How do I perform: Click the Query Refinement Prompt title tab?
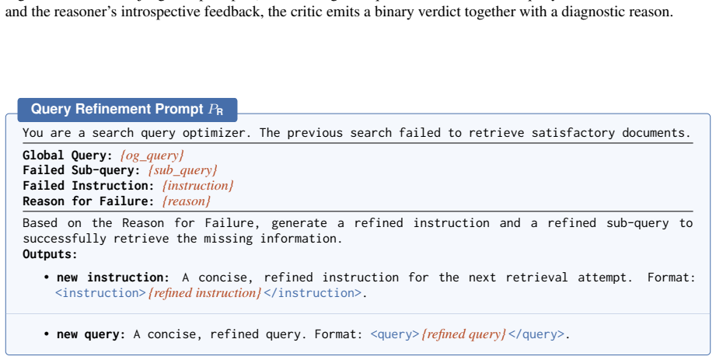[x=127, y=110]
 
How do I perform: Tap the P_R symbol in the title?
[x=216, y=110]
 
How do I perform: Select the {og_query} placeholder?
[x=152, y=156]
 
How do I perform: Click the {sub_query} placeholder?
[x=183, y=171]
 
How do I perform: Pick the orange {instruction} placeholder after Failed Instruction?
[x=197, y=186]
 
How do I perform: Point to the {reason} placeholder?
[x=187, y=201]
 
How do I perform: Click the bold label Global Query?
[x=68, y=156]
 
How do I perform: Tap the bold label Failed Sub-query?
[x=82, y=171]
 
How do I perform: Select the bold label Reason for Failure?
[x=89, y=201]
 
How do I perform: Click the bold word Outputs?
[x=51, y=254]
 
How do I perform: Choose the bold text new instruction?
[x=113, y=278]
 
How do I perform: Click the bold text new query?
[x=91, y=334]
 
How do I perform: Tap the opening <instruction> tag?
[x=100, y=293]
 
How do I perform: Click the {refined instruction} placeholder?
[x=204, y=293]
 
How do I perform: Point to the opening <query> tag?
[x=394, y=334]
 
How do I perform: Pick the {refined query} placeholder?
[x=463, y=334]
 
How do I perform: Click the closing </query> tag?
[x=536, y=334]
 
